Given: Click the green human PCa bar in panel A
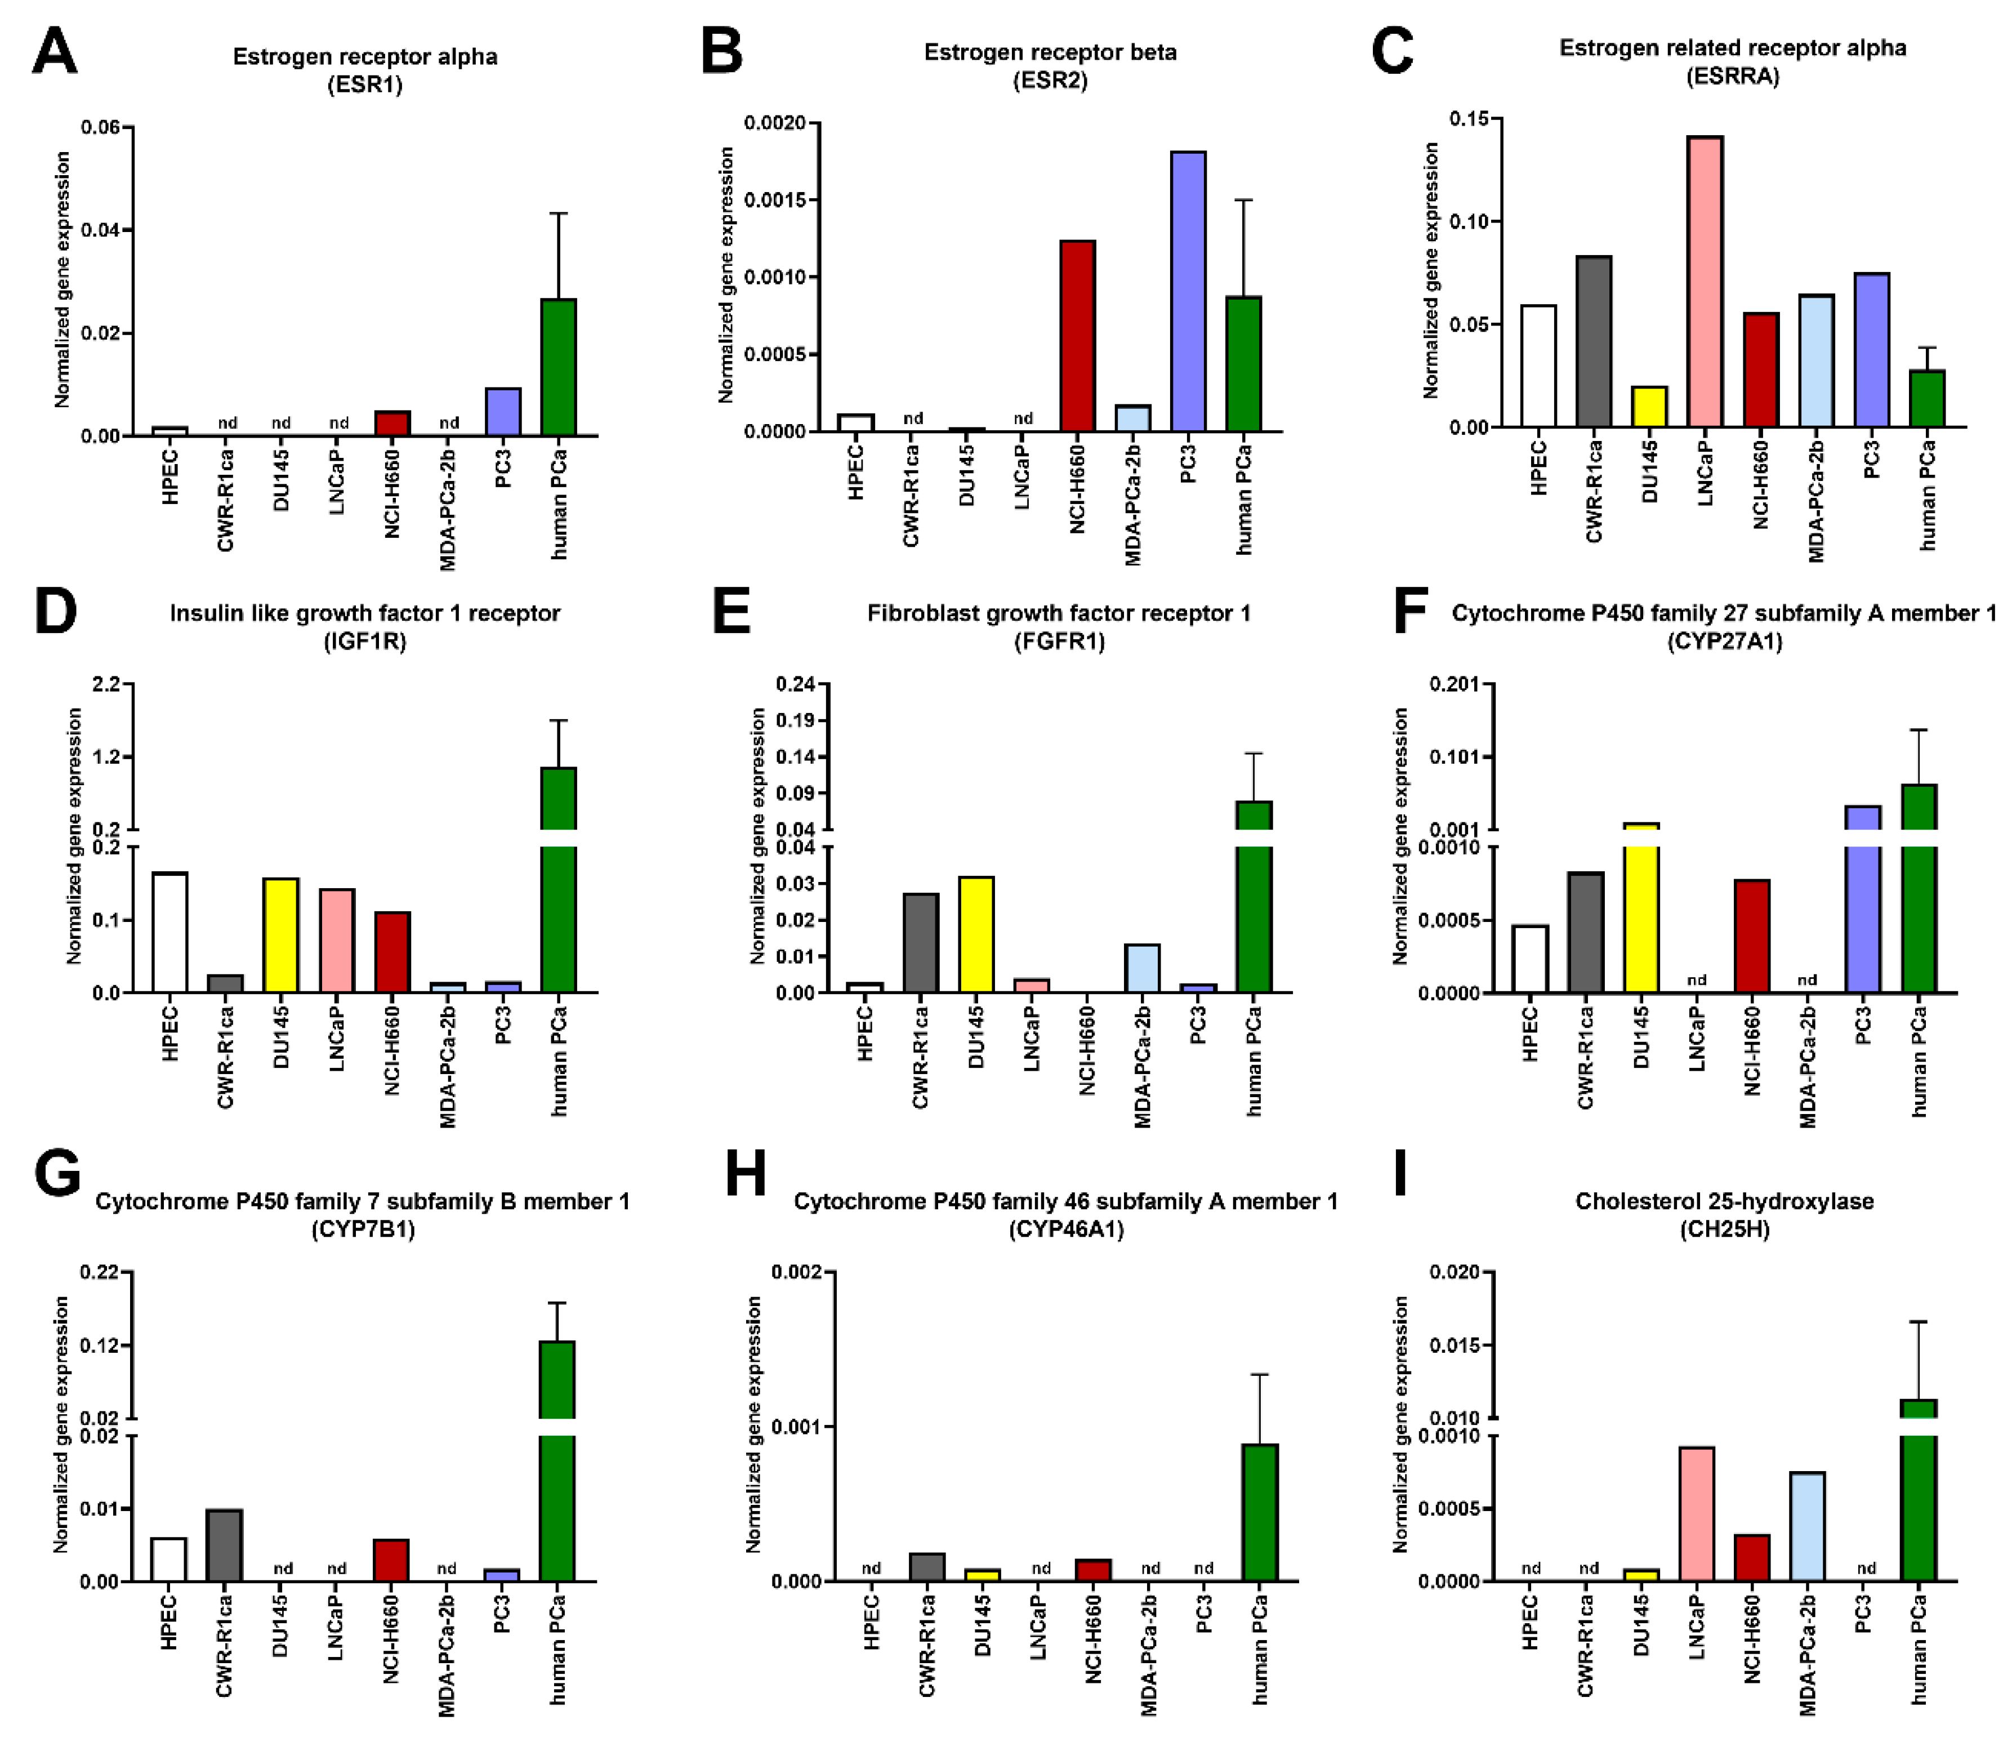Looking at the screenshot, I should [558, 367].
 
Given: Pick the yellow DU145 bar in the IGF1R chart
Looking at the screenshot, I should [281, 934].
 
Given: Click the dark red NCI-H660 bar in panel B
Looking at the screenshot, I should [1077, 335].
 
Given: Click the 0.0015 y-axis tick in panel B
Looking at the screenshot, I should [775, 201].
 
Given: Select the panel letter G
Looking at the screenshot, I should [56, 1173].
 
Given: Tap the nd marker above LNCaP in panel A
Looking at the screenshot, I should [338, 423].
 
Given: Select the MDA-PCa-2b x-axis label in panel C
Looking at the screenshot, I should [1815, 501].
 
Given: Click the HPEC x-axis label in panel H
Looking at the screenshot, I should [871, 1623].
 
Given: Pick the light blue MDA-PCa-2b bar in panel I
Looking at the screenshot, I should [1808, 1526].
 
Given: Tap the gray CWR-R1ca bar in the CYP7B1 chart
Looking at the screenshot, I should [225, 1545].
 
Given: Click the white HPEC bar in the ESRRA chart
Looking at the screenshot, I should [1538, 367].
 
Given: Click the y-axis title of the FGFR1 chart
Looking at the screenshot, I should [757, 836].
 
